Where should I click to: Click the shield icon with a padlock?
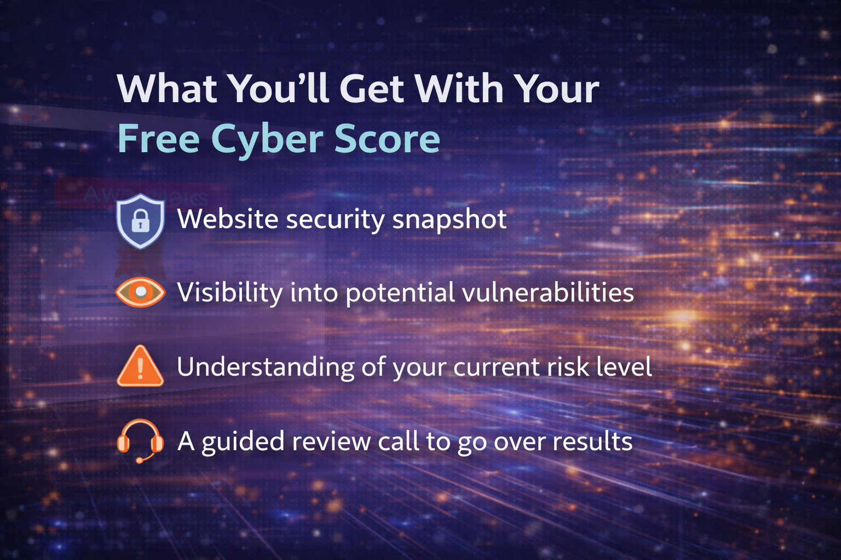(x=140, y=221)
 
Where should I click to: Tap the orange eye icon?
(x=140, y=292)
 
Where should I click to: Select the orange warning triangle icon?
(x=140, y=366)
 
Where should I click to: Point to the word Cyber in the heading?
(x=267, y=139)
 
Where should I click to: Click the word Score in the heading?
(x=387, y=139)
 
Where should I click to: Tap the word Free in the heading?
(x=158, y=139)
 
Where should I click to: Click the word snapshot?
(x=450, y=219)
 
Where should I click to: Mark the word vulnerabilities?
(x=548, y=292)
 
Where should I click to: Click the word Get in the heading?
(x=372, y=89)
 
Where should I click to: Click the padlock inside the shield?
(x=140, y=221)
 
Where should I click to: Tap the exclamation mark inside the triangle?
(x=140, y=369)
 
